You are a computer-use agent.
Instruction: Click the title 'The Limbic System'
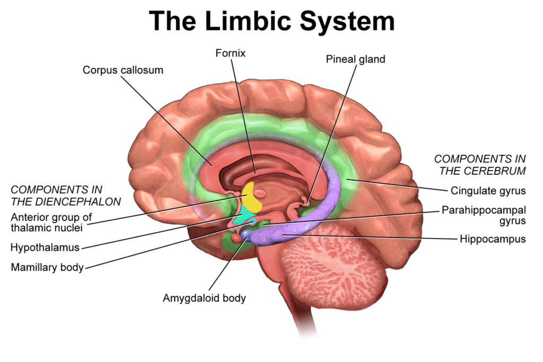pos(271,21)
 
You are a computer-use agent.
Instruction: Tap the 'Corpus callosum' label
pos(123,70)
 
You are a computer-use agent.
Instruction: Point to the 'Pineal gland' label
pos(355,59)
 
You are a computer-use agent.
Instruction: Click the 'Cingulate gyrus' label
pos(488,190)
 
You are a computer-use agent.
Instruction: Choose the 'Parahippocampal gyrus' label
pos(484,215)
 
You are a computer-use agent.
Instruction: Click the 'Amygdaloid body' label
pos(204,298)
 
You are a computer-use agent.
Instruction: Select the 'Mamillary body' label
pos(47,267)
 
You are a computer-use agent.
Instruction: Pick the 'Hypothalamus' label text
pos(45,247)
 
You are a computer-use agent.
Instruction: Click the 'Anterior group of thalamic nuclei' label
pos(51,222)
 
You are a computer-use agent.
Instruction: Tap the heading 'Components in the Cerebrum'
pos(480,164)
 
